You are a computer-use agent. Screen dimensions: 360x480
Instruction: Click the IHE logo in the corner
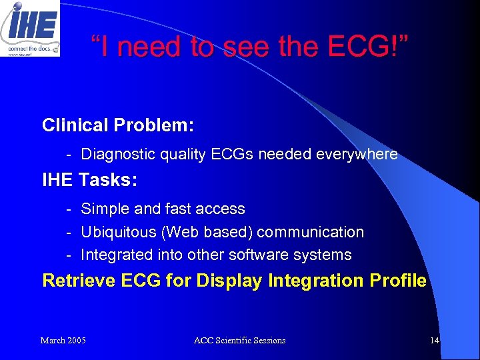coord(30,28)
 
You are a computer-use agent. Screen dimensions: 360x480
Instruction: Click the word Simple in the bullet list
coord(105,209)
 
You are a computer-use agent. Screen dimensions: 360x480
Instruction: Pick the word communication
coord(311,232)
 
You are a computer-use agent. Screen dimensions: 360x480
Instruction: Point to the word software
coord(257,255)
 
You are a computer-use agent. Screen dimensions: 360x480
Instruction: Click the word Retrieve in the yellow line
coord(79,281)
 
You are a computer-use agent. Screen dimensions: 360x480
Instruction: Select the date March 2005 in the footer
coord(63,341)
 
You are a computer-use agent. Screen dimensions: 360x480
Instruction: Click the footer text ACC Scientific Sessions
coord(239,341)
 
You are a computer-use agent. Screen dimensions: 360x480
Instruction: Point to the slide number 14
coord(435,341)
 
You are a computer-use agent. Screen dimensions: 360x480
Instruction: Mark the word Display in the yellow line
coord(229,281)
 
